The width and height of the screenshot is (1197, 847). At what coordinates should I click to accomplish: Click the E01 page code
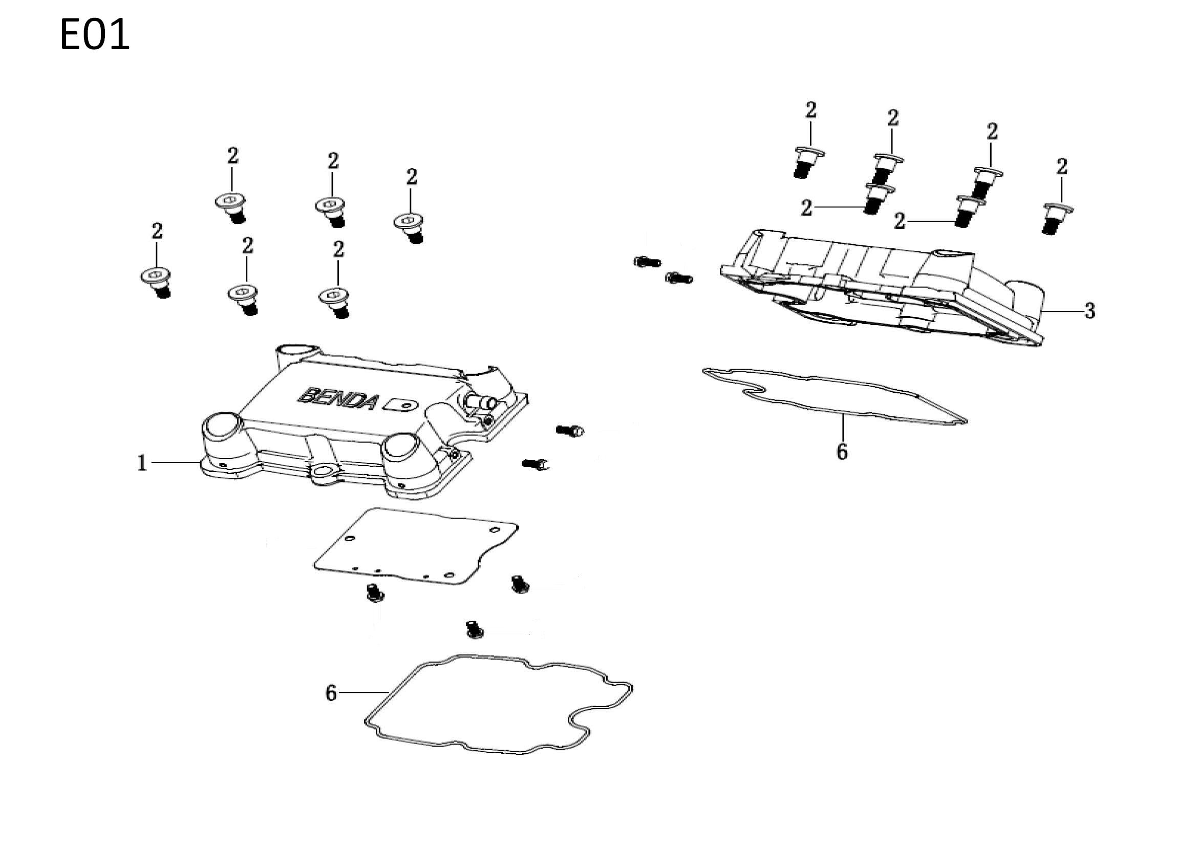[x=94, y=35]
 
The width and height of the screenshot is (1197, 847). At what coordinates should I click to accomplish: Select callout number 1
[x=142, y=462]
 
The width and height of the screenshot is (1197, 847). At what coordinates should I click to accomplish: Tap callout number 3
[x=1089, y=311]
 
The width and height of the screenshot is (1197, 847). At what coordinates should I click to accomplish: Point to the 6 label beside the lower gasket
[x=331, y=693]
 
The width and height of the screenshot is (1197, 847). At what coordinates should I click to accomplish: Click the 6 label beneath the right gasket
[x=842, y=451]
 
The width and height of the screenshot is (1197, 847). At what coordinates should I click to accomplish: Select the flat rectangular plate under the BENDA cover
[x=416, y=546]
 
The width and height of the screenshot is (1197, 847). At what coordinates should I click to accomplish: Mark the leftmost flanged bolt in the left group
[x=158, y=284]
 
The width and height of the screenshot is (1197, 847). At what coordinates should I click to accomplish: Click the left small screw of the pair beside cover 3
[x=647, y=262]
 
